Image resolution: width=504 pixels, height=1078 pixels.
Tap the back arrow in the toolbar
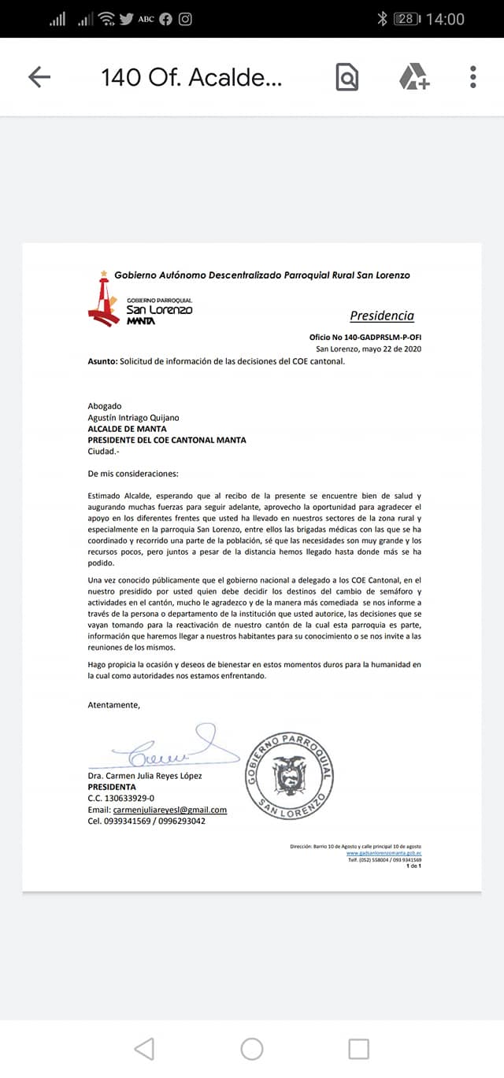pos(39,76)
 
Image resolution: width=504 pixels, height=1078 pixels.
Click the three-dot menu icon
pos(472,76)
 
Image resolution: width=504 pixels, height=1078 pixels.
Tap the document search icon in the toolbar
pos(346,77)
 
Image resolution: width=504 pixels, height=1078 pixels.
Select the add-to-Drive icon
pos(413,77)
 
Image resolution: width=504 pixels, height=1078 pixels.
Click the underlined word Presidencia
pos(382,316)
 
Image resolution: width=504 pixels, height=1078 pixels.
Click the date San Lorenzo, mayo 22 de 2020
pos(368,349)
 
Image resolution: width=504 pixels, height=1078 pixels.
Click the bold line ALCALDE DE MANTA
pos(127,429)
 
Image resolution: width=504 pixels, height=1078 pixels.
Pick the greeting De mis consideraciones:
pos(133,474)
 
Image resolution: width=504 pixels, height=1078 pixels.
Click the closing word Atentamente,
pos(113,705)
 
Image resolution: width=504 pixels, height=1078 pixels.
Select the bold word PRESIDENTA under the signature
pos(111,787)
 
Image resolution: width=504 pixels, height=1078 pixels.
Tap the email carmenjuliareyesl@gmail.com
pos(169,810)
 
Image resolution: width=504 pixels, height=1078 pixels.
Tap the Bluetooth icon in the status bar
pos(383,19)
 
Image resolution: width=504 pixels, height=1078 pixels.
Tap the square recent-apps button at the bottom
pos(358,1048)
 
